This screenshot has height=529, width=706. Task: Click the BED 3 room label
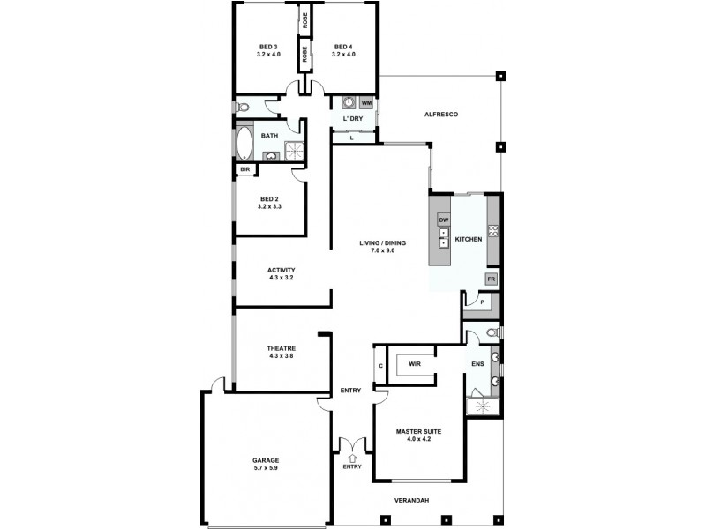(268, 47)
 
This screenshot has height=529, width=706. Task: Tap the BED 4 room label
(342, 47)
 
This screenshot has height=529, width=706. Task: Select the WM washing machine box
(366, 103)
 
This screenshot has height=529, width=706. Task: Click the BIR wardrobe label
(244, 170)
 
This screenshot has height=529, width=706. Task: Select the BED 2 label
(269, 198)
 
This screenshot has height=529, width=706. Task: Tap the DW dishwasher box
(444, 219)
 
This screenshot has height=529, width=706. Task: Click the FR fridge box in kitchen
(492, 279)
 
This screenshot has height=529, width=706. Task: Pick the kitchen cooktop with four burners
(493, 231)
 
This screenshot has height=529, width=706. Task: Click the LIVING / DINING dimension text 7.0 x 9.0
(377, 250)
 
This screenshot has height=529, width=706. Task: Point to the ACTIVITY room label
(281, 270)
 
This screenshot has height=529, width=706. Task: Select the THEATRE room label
(281, 349)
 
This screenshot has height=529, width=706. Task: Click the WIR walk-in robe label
(415, 363)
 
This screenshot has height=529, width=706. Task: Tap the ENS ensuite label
(477, 363)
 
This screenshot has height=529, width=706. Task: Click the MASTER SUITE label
(418, 431)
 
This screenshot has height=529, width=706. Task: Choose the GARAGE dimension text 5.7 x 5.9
(266, 468)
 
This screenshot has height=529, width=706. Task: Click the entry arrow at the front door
(352, 458)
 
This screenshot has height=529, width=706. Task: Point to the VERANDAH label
(411, 501)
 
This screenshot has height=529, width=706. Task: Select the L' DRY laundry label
(353, 118)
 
